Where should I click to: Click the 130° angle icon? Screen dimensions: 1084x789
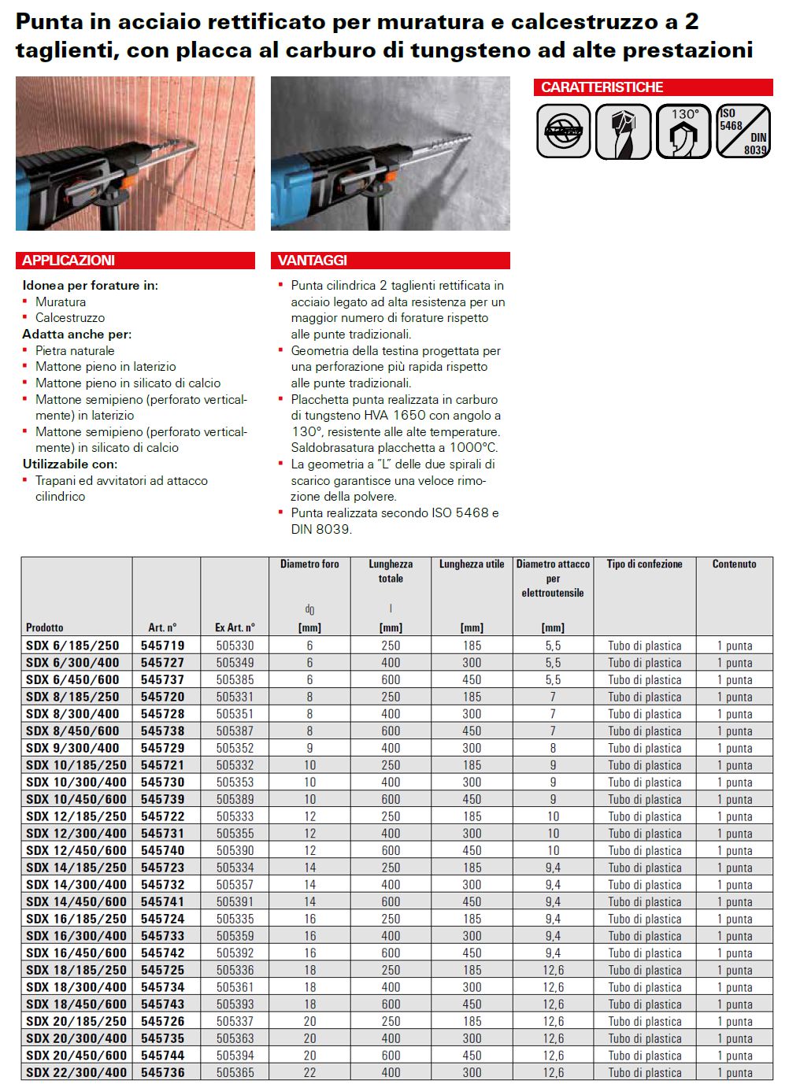[x=683, y=131]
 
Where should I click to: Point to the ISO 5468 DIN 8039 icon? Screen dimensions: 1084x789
[x=743, y=131]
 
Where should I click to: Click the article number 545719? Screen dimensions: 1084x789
[x=163, y=646]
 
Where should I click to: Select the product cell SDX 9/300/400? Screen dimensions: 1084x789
[x=72, y=748]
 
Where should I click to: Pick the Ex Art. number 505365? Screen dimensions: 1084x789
[x=235, y=1072]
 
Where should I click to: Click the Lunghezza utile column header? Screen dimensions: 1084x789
[x=472, y=564]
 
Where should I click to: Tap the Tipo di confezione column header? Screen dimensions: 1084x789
[x=644, y=564]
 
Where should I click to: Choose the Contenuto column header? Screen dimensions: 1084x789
[x=734, y=564]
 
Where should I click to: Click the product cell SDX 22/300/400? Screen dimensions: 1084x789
[x=76, y=1072]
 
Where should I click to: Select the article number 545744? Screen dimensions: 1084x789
[x=163, y=1056]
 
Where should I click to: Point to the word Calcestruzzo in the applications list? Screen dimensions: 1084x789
[x=70, y=318]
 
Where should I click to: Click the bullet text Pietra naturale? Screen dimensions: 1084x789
[x=75, y=351]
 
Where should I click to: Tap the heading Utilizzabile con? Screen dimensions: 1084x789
[x=70, y=464]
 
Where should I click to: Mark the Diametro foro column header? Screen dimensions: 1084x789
[x=309, y=564]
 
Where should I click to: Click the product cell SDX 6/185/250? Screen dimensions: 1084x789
[x=72, y=646]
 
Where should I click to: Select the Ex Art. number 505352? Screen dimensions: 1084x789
[x=235, y=748]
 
